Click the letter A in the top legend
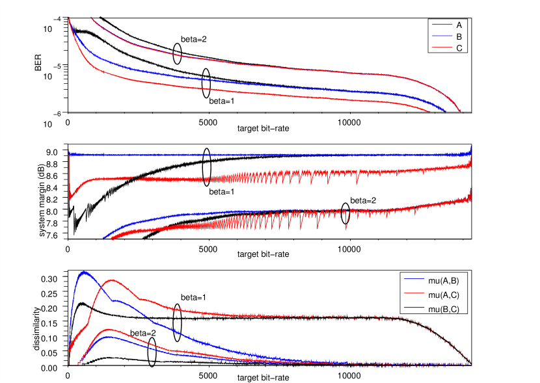(x=459, y=25)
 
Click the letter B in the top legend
(x=459, y=36)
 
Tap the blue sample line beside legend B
(x=442, y=36)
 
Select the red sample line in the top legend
(x=442, y=47)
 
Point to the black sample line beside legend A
(x=442, y=25)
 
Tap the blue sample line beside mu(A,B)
(x=414, y=280)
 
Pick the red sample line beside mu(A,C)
(x=414, y=294)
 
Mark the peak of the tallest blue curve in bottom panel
(x=83, y=272)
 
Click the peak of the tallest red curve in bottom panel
(x=113, y=280)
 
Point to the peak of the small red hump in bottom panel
(x=107, y=329)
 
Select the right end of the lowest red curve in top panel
(x=430, y=111)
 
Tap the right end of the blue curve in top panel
(x=446, y=111)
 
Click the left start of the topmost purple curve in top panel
(x=90, y=18)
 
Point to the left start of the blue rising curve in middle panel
(x=103, y=237)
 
